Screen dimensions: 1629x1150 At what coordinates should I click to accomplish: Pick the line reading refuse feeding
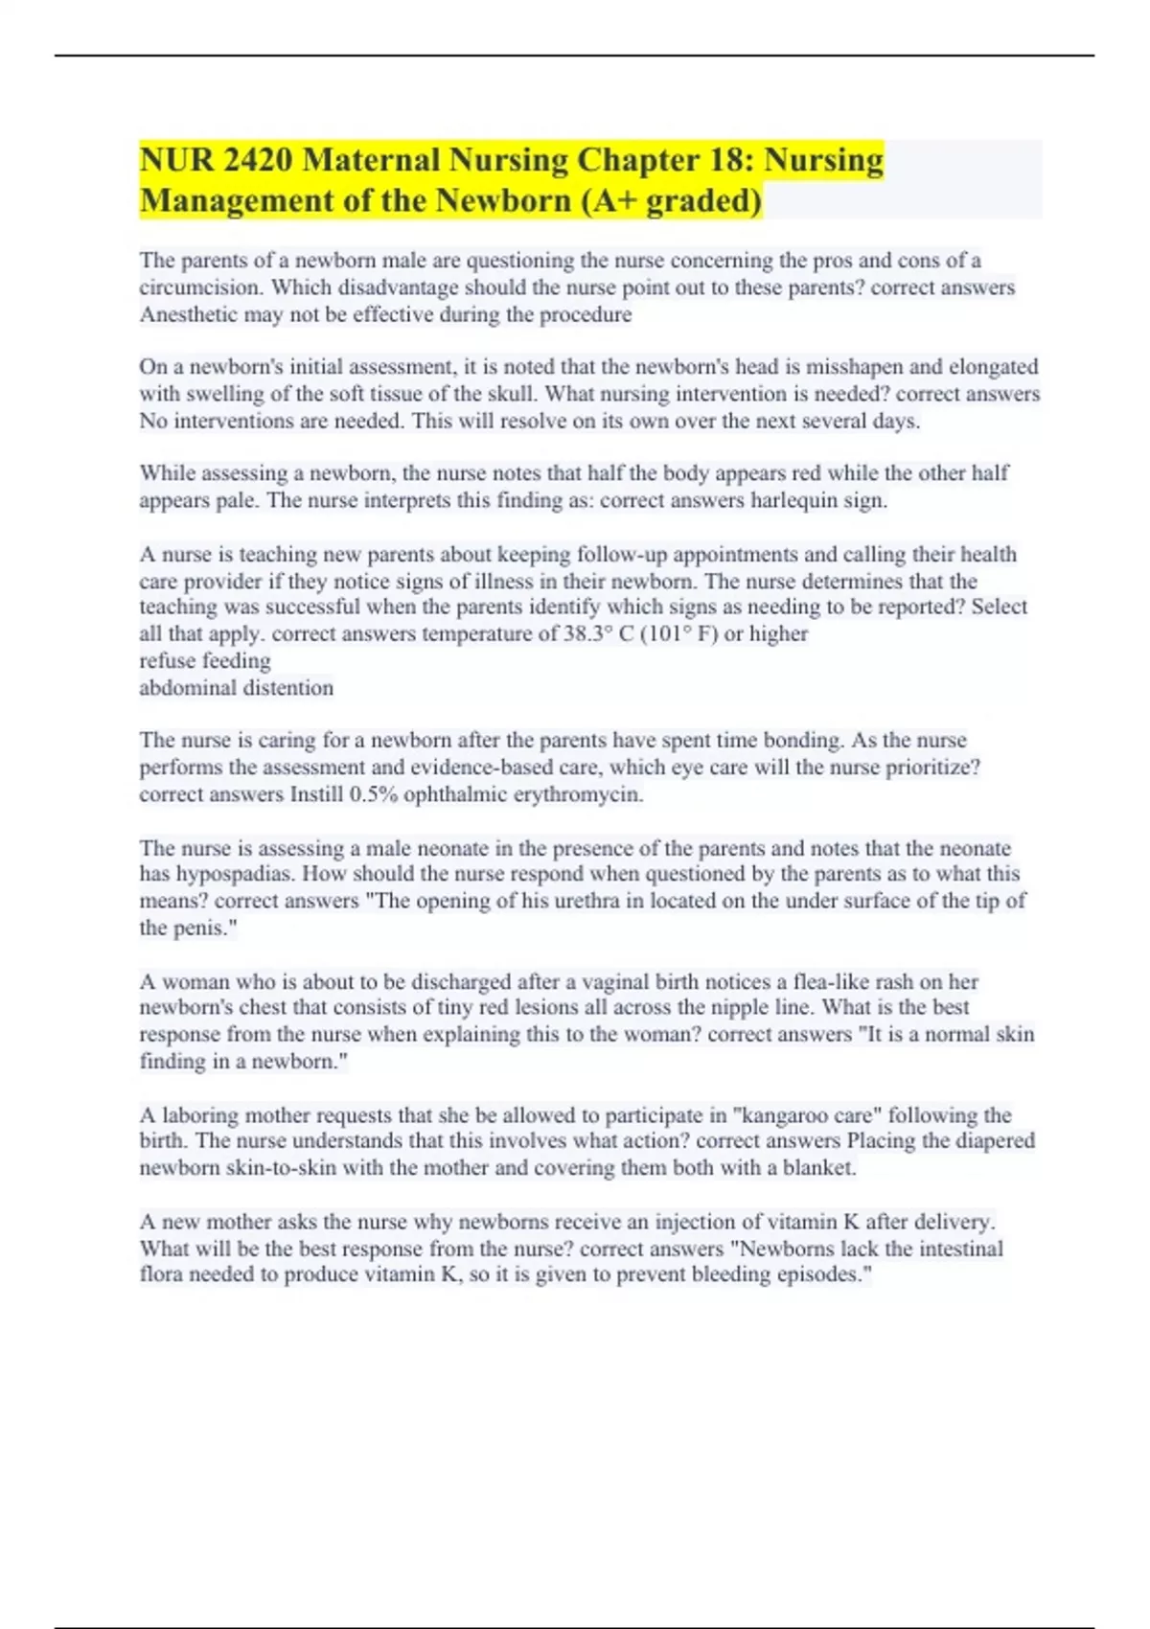[x=205, y=661]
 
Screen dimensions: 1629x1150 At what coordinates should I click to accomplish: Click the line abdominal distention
[x=237, y=688]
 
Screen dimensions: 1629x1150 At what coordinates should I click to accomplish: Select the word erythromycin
[x=579, y=794]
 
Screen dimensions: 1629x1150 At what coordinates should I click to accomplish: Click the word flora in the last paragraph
[x=160, y=1275]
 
